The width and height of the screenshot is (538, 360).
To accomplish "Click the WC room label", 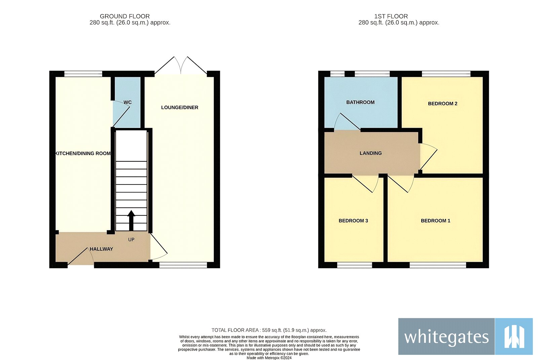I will [x=127, y=102].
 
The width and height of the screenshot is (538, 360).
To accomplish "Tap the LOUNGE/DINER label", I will [x=180, y=108].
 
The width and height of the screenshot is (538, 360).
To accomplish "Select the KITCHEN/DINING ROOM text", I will [x=83, y=153].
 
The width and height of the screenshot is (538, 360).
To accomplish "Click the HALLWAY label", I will [x=101, y=249].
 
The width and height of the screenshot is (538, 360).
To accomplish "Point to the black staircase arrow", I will [x=131, y=220].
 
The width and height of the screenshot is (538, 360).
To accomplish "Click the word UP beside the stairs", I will [x=131, y=240].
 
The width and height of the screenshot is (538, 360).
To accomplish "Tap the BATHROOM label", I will [x=360, y=102].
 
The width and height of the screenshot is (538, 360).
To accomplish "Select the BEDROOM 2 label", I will [x=443, y=104].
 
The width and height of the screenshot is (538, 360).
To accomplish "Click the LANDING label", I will [x=371, y=153].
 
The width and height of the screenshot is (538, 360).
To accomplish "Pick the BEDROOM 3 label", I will [x=353, y=221].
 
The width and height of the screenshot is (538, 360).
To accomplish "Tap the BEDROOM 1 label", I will [x=435, y=221].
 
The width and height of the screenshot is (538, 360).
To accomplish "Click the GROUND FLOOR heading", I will [x=125, y=16].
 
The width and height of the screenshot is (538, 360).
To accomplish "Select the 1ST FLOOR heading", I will [x=391, y=16].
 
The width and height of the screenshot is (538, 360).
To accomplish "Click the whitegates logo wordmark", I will [x=446, y=337].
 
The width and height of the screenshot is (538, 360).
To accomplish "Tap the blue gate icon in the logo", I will [x=514, y=336].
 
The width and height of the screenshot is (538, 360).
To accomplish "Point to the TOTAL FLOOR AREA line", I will [x=269, y=330].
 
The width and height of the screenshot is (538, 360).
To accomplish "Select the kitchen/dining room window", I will [x=83, y=74].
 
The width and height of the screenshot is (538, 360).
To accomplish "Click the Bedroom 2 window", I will [x=446, y=74].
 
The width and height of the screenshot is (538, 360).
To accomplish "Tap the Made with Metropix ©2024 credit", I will [x=269, y=358].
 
